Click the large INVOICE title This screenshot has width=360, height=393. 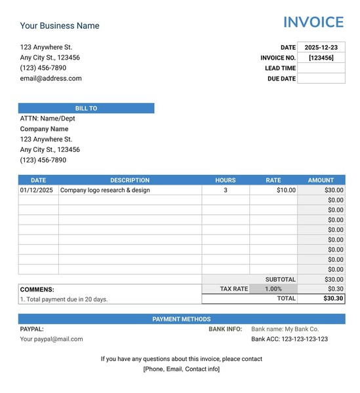coord(313,22)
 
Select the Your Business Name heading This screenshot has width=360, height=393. coord(60,26)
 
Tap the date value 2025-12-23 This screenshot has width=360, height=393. coord(321,47)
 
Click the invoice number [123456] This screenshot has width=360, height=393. coord(321,58)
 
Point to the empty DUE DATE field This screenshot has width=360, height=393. coord(321,79)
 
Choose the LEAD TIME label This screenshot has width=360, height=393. coord(280,68)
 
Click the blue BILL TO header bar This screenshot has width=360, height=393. coord(86,108)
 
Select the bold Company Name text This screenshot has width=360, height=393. coord(44,129)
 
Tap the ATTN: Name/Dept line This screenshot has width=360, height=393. coord(47,119)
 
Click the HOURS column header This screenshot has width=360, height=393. coord(225,180)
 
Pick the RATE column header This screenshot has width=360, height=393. coord(273,180)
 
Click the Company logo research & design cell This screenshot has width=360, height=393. coord(105,190)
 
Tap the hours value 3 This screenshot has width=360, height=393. coord(226,190)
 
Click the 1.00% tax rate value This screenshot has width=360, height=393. coord(273,289)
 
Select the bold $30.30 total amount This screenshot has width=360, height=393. coord(333,298)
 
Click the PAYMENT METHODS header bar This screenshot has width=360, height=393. coord(182,319)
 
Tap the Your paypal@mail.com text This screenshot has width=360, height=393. coord(51,339)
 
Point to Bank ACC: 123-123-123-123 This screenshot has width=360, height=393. coord(289,339)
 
